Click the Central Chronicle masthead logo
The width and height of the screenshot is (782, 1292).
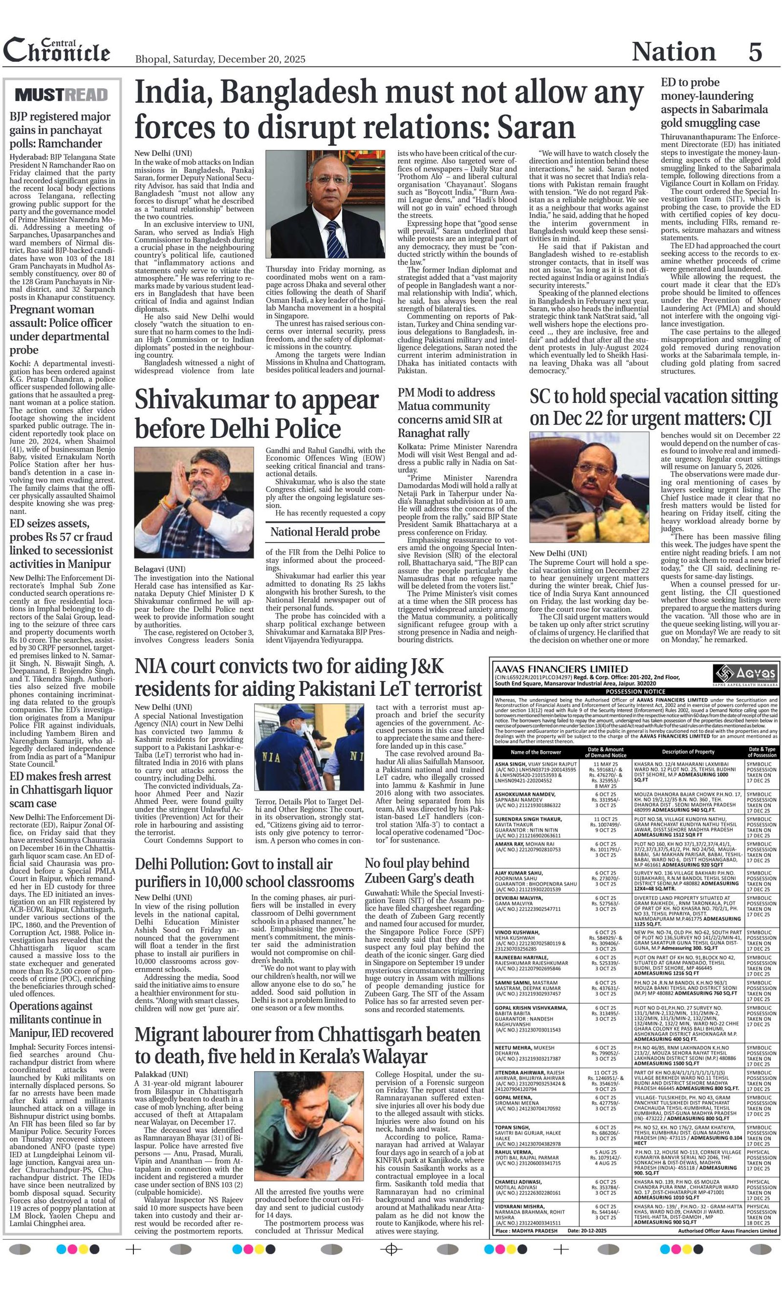click(x=57, y=51)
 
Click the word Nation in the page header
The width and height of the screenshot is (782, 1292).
click(x=673, y=52)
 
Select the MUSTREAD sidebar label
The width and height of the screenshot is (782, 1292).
click(x=62, y=95)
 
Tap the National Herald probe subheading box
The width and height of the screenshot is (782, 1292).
click(x=325, y=532)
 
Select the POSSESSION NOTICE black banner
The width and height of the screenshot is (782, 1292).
click(x=635, y=691)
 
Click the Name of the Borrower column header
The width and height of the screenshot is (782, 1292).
click(x=536, y=752)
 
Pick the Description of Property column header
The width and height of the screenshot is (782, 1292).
click(x=688, y=752)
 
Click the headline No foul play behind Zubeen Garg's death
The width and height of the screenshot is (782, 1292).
click(x=419, y=870)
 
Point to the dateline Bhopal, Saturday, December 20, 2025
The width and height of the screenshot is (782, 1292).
click(x=220, y=59)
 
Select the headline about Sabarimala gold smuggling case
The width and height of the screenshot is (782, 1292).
click(x=713, y=103)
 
